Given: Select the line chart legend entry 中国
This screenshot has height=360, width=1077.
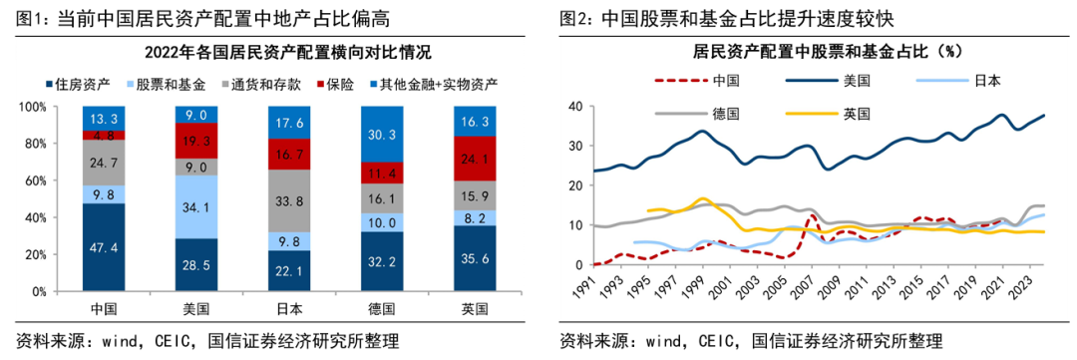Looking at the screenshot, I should point(698,81).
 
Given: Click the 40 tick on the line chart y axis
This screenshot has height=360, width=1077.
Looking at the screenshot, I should point(572,106).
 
